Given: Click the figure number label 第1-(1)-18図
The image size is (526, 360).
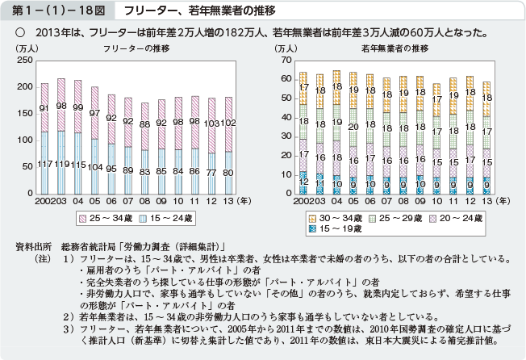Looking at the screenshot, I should pos(53,10).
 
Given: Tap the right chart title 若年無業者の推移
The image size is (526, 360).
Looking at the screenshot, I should pos(396,49).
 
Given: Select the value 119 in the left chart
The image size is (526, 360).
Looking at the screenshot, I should pos(61,164).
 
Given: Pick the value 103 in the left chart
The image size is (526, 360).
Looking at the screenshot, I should pos(212,124).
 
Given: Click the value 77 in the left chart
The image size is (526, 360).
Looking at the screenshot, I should pos(212,173).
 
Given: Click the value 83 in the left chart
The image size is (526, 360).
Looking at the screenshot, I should pos(144,173).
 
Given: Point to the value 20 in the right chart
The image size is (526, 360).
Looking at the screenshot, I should pos(353,127).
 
